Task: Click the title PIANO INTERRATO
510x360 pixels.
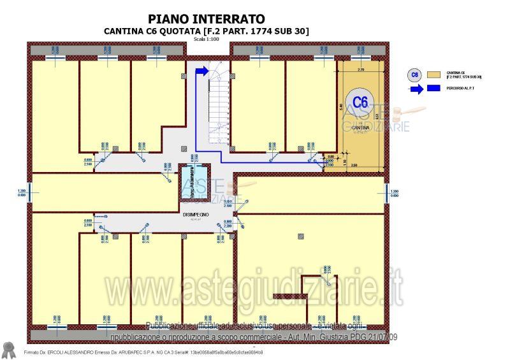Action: coord(206,20)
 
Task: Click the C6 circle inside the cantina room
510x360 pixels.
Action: coord(360,101)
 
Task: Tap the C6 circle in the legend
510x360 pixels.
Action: coord(415,75)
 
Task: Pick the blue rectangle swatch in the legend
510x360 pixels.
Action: coord(435,89)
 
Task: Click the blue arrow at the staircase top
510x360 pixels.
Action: coord(201,71)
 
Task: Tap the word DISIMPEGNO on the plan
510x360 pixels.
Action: coord(196,215)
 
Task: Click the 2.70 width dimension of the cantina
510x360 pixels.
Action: coord(361,69)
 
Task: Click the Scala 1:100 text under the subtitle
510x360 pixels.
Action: coord(206,40)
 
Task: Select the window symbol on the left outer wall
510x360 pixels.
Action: coord(28,193)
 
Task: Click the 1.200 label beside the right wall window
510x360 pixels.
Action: coord(394,191)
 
